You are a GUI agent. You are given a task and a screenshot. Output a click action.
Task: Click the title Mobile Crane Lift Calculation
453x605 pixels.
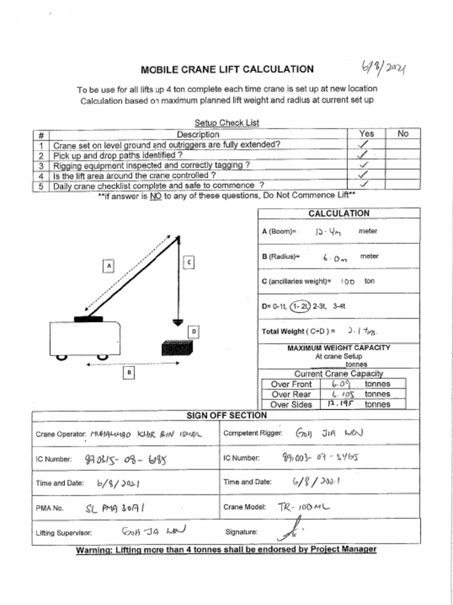[227, 69]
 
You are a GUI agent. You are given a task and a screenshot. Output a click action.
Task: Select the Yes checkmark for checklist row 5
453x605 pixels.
[365, 185]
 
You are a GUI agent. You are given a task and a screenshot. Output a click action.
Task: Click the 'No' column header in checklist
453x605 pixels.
[403, 134]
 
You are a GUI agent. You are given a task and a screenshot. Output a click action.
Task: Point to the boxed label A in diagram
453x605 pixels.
[109, 266]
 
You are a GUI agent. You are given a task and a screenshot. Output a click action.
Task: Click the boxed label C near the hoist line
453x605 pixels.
[188, 261]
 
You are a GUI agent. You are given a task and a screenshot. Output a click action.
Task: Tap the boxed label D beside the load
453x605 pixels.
[193, 332]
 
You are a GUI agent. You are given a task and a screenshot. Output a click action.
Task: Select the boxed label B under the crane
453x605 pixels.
[129, 372]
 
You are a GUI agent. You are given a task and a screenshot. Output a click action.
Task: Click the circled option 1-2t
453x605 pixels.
[300, 306]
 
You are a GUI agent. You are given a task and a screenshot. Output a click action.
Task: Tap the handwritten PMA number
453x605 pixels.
[116, 507]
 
